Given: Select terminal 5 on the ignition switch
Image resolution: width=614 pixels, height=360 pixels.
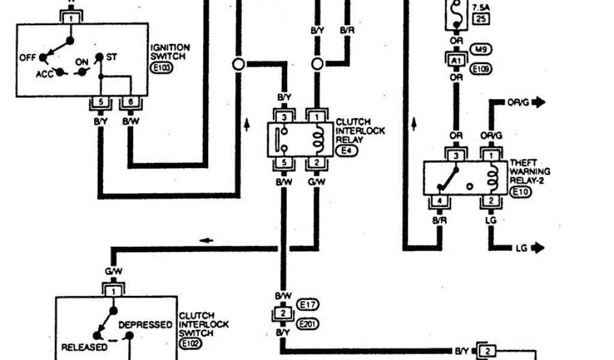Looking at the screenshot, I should pos(101,102).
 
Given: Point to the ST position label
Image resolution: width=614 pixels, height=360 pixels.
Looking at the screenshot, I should pos(112,56).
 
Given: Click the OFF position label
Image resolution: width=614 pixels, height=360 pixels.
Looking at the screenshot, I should pos(28,58).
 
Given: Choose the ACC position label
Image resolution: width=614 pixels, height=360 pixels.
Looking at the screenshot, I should pos(44,74).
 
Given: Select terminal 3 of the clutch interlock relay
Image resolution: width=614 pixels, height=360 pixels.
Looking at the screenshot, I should pos(284,115).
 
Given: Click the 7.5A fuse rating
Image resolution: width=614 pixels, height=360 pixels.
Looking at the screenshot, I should pos(481,7).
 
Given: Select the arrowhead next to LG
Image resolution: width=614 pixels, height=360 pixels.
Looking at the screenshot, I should pos(539,247).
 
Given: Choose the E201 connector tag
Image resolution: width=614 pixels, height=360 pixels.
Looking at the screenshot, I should pos(310,324).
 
